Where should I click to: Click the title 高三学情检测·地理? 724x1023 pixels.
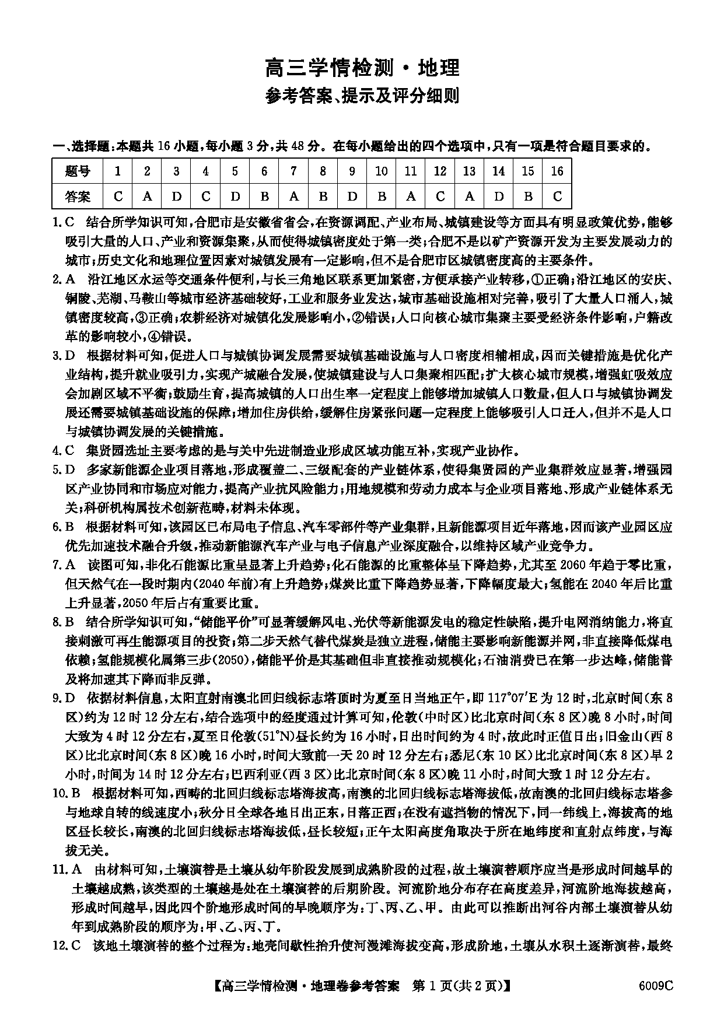(x=362, y=68)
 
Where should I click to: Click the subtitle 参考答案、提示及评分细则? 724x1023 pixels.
(x=362, y=95)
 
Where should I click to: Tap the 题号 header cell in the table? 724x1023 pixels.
(x=78, y=171)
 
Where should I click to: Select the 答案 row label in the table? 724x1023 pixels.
(x=78, y=196)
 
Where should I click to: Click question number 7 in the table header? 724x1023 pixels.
(x=293, y=171)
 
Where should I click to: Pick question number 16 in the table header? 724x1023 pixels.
(x=557, y=171)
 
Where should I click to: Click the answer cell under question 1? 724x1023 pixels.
(x=118, y=196)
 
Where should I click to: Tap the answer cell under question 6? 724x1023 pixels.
(x=264, y=196)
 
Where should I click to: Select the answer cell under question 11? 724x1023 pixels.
(x=411, y=196)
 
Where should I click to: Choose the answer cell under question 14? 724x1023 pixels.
(x=498, y=196)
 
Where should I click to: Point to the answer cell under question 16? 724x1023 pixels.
(x=557, y=196)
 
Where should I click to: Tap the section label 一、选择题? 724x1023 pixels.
(x=76, y=146)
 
